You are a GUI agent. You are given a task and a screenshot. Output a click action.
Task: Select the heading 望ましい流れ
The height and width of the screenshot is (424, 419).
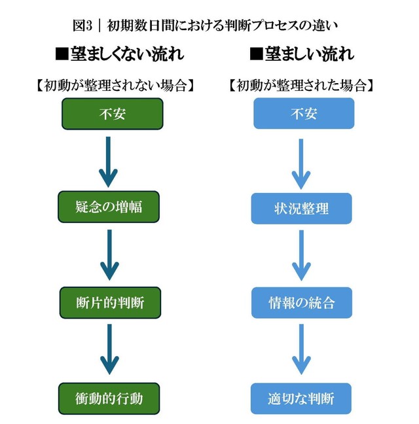point(302,54)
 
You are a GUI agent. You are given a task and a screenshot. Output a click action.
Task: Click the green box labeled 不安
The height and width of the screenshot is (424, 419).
point(112,114)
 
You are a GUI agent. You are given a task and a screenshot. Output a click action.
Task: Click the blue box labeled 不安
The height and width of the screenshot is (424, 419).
point(304,114)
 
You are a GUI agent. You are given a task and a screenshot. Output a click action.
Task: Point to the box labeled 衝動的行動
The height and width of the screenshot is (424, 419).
point(109,398)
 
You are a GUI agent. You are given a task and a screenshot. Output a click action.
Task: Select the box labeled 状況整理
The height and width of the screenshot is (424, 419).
point(302,209)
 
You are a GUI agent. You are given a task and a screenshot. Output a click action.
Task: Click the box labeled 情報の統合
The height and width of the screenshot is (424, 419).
point(302,303)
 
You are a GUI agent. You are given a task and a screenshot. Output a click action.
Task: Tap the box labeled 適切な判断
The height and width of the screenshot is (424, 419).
point(301,398)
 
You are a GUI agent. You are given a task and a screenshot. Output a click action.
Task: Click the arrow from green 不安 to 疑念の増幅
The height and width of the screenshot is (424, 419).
point(108,161)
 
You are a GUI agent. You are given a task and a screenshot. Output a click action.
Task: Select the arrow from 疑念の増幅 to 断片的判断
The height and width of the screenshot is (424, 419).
point(109,255)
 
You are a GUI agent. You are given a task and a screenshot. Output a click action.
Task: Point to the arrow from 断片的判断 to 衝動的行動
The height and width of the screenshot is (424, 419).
point(109,351)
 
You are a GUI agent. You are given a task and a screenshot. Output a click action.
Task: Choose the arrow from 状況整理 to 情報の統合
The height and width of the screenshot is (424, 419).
point(301,256)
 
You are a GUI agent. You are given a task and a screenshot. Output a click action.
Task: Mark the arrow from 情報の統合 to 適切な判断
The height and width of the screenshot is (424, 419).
point(301,351)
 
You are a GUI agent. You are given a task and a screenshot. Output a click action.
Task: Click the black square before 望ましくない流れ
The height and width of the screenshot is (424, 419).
point(62,55)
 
